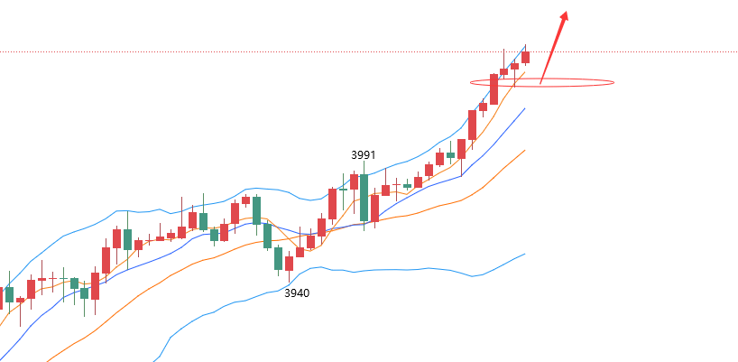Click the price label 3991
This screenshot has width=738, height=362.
click(x=363, y=155)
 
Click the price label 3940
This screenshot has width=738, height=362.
click(x=297, y=293)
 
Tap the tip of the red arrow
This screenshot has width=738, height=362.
click(x=566, y=13)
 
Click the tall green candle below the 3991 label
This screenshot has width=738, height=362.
click(x=364, y=197)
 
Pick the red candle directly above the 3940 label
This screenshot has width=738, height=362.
click(x=289, y=263)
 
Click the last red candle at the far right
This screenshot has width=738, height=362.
click(x=525, y=57)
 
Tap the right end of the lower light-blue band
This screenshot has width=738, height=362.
click(x=524, y=255)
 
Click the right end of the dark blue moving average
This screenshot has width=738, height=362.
click(x=524, y=108)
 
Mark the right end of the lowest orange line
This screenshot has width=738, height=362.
click(x=524, y=151)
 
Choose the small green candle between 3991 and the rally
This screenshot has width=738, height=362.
click(x=407, y=185)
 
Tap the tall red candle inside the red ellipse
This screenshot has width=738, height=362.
click(x=494, y=89)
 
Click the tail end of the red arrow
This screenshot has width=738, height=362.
click(x=540, y=84)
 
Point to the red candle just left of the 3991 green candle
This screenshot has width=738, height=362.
click(x=354, y=181)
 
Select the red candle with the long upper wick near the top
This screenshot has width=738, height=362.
click(x=503, y=71)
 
